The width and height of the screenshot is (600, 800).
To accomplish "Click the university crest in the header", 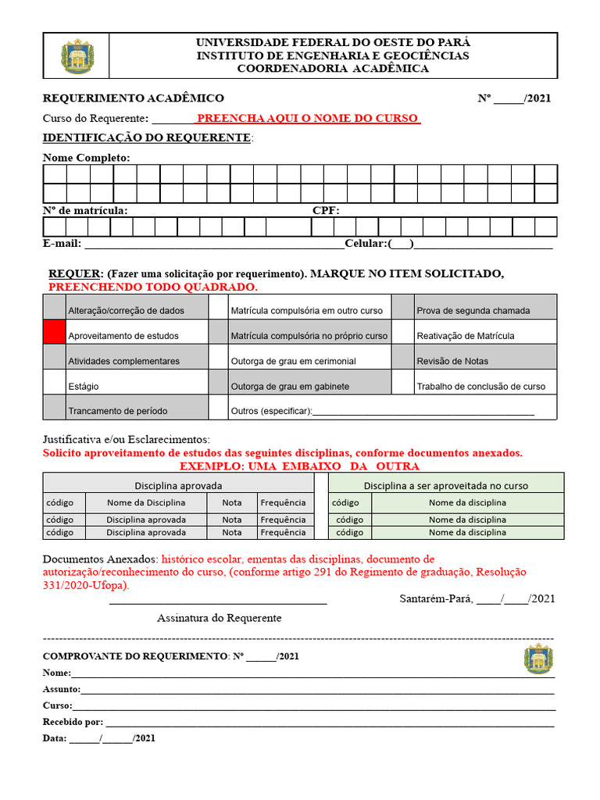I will click(x=77, y=56).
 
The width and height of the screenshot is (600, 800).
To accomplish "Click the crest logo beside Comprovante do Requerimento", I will click(x=537, y=659).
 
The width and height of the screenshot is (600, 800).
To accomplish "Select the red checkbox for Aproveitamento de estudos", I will click(x=54, y=332).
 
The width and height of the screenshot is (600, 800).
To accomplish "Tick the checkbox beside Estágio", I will click(x=54, y=382).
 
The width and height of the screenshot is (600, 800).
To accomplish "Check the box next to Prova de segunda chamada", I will click(x=402, y=307).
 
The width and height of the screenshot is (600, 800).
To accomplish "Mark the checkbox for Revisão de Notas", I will click(x=402, y=357).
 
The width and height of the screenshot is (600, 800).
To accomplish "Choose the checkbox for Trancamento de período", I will click(x=54, y=407).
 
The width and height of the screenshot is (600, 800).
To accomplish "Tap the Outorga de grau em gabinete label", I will click(x=290, y=387).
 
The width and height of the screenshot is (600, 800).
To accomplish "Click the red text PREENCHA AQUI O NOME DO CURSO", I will click(x=308, y=118).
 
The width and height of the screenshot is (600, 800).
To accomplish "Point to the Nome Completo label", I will click(x=86, y=158).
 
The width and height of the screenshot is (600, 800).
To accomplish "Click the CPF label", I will click(x=326, y=210).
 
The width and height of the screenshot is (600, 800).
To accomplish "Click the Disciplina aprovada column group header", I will click(x=178, y=485).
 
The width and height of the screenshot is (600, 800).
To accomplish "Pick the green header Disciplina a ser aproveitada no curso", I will click(x=445, y=485).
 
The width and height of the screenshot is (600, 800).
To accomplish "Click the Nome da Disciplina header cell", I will click(x=146, y=502).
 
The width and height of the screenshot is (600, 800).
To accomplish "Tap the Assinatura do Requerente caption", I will click(x=219, y=618).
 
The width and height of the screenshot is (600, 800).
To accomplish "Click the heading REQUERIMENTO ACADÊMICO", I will click(x=133, y=98).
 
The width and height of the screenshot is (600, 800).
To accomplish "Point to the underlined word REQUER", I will click(x=75, y=273).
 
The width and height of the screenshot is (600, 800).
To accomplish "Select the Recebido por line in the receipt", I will click(x=328, y=723).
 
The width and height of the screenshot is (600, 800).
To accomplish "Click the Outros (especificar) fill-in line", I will click(x=423, y=412).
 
